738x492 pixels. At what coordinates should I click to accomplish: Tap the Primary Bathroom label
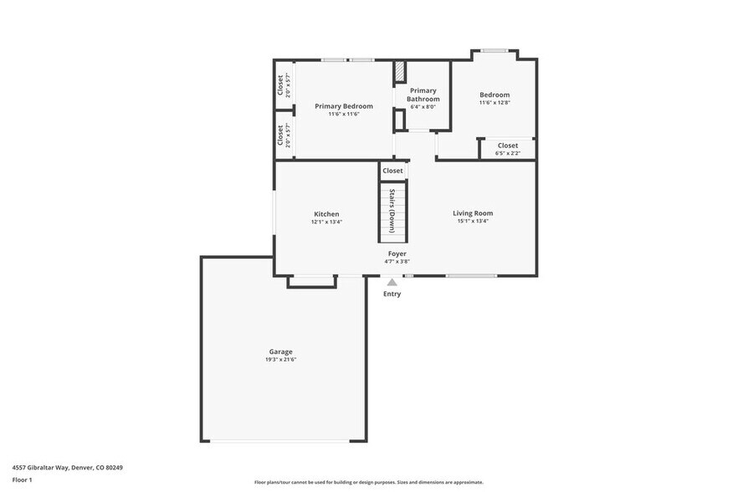tap(423, 95)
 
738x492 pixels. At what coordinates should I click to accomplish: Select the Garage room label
tap(280, 351)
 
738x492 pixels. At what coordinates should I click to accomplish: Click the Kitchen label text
tap(326, 214)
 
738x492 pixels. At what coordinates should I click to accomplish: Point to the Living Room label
tap(473, 213)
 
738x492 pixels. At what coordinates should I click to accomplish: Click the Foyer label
tap(397, 253)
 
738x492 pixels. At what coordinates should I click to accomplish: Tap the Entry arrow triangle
tap(392, 283)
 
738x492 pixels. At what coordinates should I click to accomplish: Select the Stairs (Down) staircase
tap(392, 213)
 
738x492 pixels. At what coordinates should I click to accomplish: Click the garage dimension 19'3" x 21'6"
tap(280, 360)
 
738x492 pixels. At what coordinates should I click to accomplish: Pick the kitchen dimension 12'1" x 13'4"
tap(326, 222)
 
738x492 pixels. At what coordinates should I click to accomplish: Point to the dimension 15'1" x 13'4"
tap(473, 222)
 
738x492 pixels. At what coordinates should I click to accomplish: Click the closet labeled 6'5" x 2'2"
tap(507, 149)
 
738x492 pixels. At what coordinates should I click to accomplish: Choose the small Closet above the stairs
tap(392, 171)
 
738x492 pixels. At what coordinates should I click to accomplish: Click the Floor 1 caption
tap(22, 479)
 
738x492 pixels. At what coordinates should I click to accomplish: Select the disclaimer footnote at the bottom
tap(368, 482)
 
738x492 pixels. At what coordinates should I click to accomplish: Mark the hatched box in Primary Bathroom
tap(400, 70)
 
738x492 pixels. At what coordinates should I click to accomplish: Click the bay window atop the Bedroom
tap(494, 51)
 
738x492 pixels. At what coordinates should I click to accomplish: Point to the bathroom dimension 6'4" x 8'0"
tap(423, 106)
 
